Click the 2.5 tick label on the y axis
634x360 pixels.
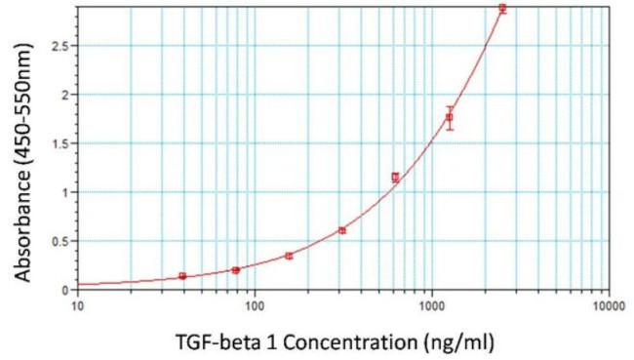(59, 46)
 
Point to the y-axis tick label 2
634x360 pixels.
(65, 95)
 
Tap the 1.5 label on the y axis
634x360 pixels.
(59, 143)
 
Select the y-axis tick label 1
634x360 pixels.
(65, 192)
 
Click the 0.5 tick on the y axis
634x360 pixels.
(59, 241)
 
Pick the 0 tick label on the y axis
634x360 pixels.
(65, 290)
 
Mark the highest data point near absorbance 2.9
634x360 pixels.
(502, 9)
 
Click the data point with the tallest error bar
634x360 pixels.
(450, 118)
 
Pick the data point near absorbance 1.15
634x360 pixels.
(395, 178)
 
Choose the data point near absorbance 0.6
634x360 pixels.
(342, 230)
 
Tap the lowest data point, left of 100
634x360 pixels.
(183, 276)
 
